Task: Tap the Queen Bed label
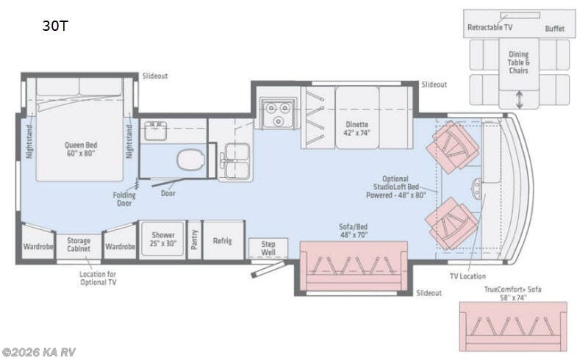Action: pyautogui.click(x=81, y=149)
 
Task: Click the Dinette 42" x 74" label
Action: pyautogui.click(x=358, y=129)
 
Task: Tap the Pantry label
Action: pyautogui.click(x=194, y=240)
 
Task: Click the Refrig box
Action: pyautogui.click(x=223, y=240)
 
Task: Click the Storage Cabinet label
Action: pyautogui.click(x=79, y=245)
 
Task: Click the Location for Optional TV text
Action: pyautogui.click(x=98, y=278)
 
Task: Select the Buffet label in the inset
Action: pyautogui.click(x=556, y=28)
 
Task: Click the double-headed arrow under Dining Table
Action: pyautogui.click(x=519, y=97)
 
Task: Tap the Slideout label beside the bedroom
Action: pyautogui.click(x=155, y=76)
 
